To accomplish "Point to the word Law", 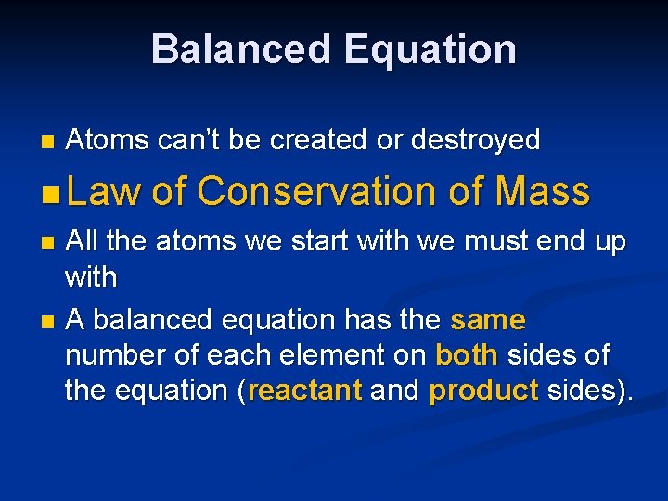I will point(104,191).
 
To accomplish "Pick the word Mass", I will point(543,191).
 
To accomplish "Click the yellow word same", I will point(488,320).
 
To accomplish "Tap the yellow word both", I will point(467,355).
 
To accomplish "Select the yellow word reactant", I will point(305,391).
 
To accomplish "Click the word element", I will point(356,355).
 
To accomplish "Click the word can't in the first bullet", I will point(189,140).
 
